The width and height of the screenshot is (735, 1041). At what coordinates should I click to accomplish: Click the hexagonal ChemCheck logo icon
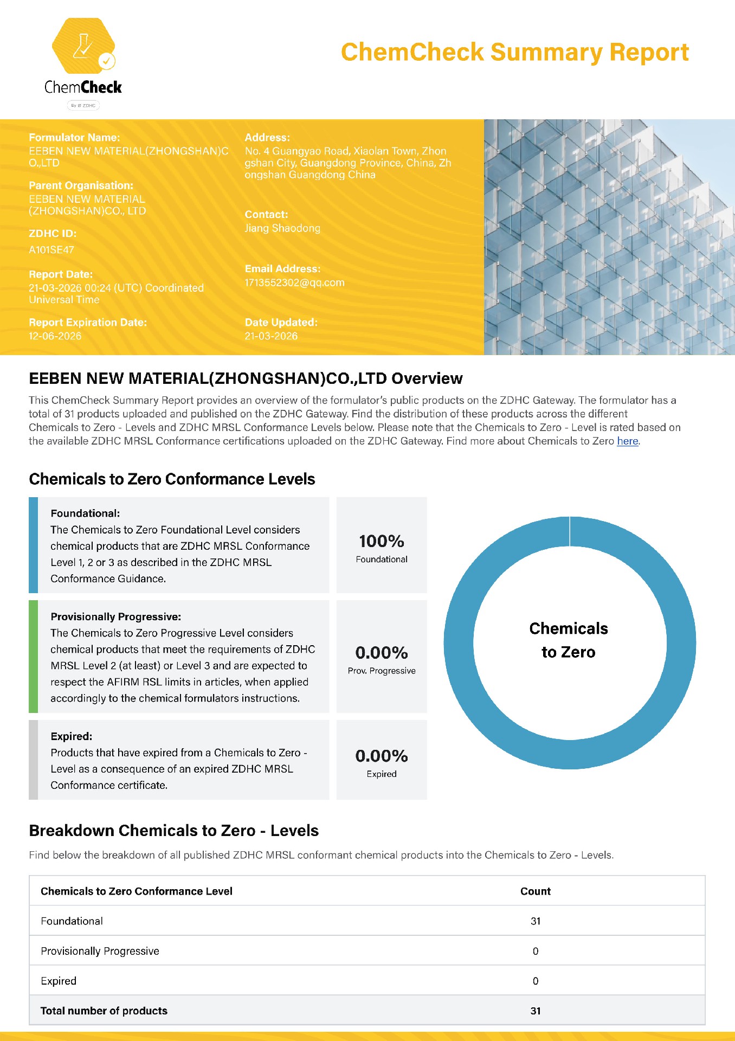(83, 46)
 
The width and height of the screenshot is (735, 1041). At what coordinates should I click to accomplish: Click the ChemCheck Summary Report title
(514, 53)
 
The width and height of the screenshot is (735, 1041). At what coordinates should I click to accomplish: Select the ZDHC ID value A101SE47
(51, 250)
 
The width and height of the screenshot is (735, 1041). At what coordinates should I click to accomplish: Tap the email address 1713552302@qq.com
(294, 282)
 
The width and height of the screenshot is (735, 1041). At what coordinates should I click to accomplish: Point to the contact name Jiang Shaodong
(282, 228)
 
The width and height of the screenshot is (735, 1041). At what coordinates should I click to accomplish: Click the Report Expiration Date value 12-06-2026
(55, 336)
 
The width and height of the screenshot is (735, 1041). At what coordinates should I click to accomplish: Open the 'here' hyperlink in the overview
(627, 441)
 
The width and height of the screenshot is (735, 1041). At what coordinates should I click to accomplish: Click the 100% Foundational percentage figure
(382, 541)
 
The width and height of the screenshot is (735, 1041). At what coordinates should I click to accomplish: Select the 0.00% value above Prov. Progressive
(382, 653)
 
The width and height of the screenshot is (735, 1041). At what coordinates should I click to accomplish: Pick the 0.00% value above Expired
(382, 756)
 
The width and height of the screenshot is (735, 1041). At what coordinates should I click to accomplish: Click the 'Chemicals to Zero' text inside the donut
(569, 640)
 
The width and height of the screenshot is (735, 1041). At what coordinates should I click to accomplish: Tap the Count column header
(535, 891)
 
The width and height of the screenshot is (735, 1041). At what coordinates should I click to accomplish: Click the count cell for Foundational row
(536, 921)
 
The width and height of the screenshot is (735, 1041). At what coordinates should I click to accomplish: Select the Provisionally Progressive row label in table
(100, 951)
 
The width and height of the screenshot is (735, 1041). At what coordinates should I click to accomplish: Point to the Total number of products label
(104, 1011)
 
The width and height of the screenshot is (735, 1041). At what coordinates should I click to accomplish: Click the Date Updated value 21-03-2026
(271, 336)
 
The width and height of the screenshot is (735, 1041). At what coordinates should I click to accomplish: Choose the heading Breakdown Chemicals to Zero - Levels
(173, 831)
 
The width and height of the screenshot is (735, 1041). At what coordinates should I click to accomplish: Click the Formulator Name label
(74, 138)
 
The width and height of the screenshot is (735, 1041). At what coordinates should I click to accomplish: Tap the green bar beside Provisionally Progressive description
(33, 656)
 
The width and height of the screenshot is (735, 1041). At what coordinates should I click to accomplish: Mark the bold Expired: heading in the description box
(72, 736)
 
